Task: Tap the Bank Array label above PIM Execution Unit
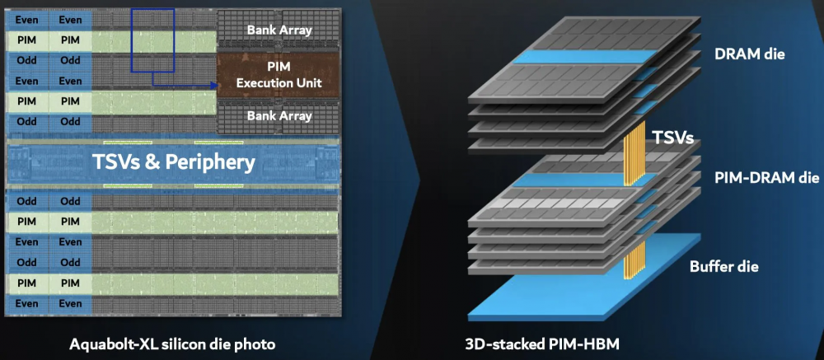click(x=279, y=30)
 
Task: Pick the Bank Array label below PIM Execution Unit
click(x=279, y=116)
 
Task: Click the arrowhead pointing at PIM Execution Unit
click(x=211, y=83)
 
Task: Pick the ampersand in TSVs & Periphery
click(x=147, y=162)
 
